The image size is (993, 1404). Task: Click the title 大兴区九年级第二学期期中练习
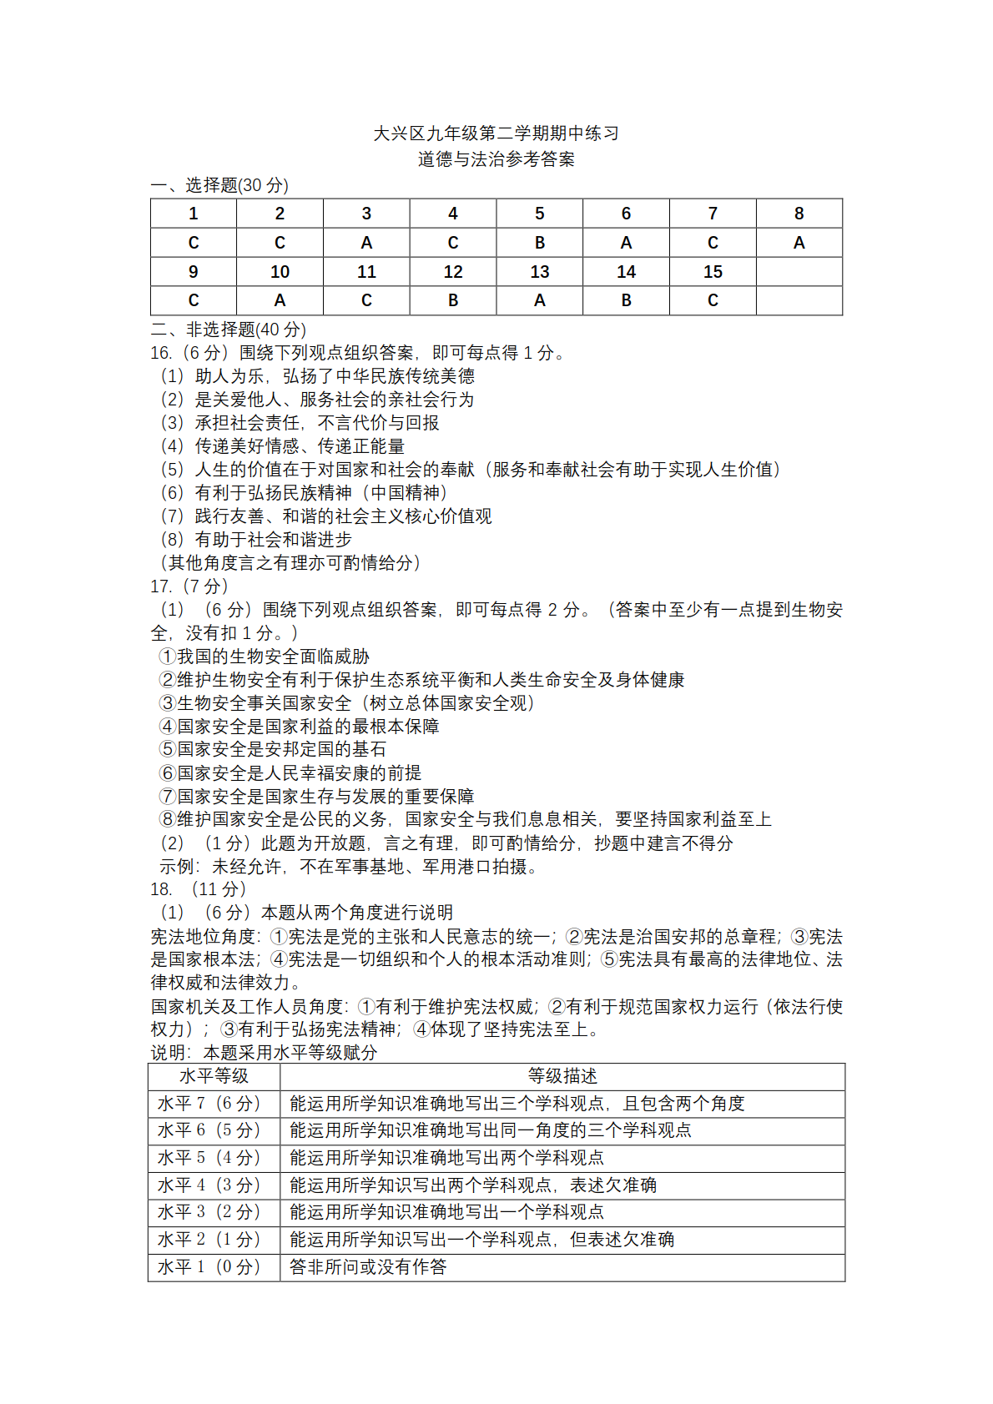pyautogui.click(x=496, y=133)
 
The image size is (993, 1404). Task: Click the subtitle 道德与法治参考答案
pyautogui.click(x=496, y=159)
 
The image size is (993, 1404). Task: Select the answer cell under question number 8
pyautogui.click(x=799, y=243)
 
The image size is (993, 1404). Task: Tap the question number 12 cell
pyautogui.click(x=452, y=272)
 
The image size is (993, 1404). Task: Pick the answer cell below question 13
pyautogui.click(x=539, y=300)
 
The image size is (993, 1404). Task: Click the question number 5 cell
pyautogui.click(x=539, y=214)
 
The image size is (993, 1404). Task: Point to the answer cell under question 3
pyautogui.click(x=366, y=243)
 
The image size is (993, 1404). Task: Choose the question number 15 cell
pyautogui.click(x=713, y=272)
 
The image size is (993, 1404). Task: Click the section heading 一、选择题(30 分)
pyautogui.click(x=219, y=185)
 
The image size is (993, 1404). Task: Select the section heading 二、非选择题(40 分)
pyautogui.click(x=229, y=330)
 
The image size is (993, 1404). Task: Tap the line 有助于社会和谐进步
pyautogui.click(x=273, y=540)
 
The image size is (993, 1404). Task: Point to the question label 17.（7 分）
pyautogui.click(x=189, y=586)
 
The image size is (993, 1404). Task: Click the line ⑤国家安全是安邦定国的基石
pyautogui.click(x=273, y=749)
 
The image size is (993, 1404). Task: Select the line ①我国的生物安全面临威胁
pyautogui.click(x=265, y=657)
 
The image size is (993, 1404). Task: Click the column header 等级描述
pyautogui.click(x=562, y=1076)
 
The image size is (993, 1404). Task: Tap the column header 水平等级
pyautogui.click(x=214, y=1076)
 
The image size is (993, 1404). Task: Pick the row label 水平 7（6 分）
pyautogui.click(x=209, y=1104)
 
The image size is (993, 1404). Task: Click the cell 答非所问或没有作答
pyautogui.click(x=368, y=1267)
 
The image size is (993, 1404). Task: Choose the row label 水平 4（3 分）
pyautogui.click(x=209, y=1185)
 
